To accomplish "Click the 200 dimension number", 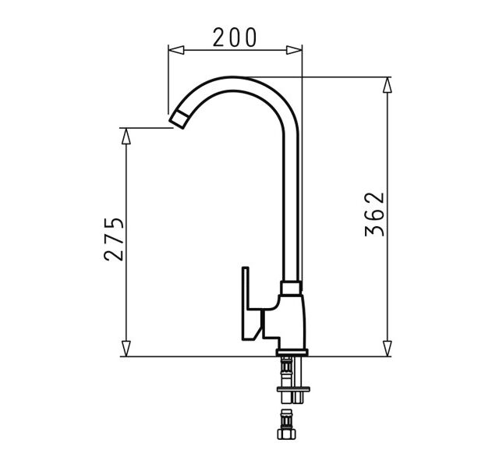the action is point(235,37).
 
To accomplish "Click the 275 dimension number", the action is point(114,239).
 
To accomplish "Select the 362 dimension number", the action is point(374,214).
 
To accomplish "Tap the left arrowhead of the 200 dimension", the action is point(176,50).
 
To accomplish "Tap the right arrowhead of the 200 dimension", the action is point(294,50).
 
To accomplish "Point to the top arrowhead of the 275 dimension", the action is point(126,136).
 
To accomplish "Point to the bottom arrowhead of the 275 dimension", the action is point(126,349).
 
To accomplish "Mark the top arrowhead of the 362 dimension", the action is point(387,85).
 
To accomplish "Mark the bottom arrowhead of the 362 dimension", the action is point(387,349).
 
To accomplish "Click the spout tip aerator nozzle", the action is point(179,119).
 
